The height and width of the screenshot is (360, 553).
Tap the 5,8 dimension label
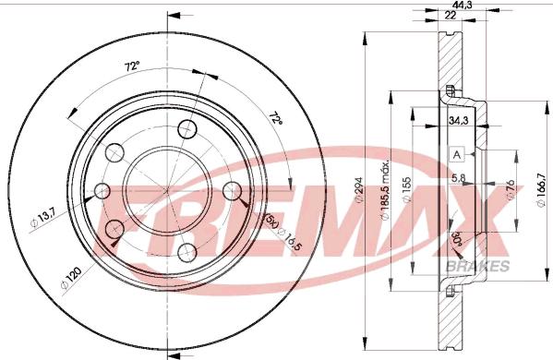pyautogui.click(x=458, y=178)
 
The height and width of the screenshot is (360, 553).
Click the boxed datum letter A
pyautogui.click(x=457, y=154)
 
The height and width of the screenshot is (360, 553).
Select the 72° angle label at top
pyautogui.click(x=133, y=66)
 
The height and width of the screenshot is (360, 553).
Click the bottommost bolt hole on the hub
pyautogui.click(x=188, y=251)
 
